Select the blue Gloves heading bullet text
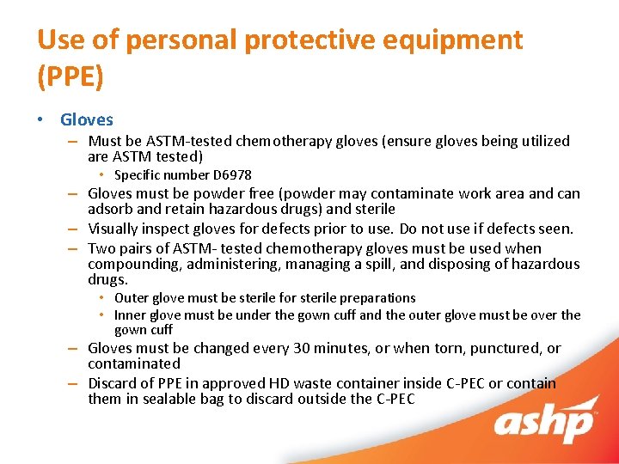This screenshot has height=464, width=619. point(87,120)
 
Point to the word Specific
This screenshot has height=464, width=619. point(138,175)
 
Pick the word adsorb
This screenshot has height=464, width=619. point(110,209)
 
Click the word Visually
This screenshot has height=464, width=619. point(114,229)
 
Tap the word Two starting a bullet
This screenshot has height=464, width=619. point(101,247)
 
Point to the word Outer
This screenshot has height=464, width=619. point(132,298)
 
